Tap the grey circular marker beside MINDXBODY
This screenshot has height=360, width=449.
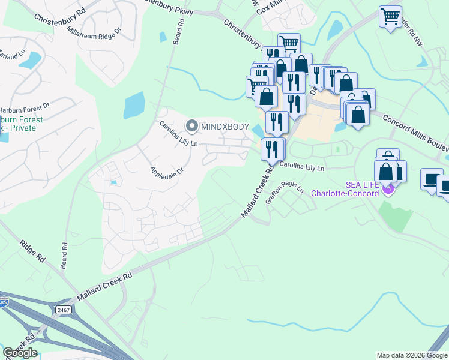tap(192, 126)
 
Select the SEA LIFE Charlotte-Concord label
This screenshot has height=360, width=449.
tap(345, 189)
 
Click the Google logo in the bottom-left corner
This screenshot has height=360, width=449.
tap(20, 353)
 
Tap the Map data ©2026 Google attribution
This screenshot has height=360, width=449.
tap(412, 355)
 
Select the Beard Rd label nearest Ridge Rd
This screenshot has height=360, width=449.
tap(64, 254)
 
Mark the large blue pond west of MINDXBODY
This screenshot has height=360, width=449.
tap(134, 106)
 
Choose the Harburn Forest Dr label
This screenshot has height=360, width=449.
tap(24, 110)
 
